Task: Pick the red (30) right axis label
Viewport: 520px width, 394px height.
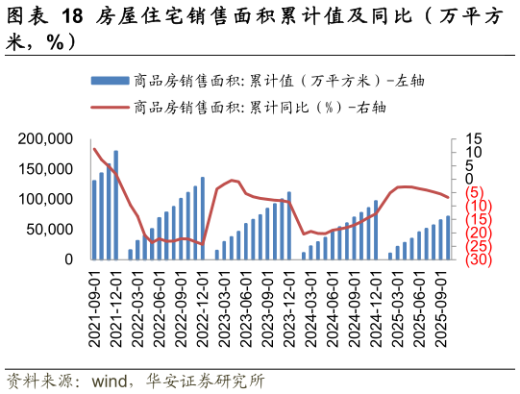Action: point(479,259)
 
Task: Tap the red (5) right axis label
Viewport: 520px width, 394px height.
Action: point(475,192)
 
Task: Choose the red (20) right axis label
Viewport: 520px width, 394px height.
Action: point(479,233)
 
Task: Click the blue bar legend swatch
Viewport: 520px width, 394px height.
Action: point(110,81)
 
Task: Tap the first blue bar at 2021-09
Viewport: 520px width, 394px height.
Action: point(94,219)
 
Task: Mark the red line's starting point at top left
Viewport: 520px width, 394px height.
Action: point(94,149)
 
